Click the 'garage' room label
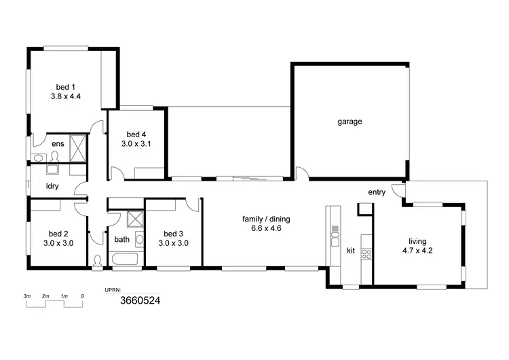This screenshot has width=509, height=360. (x=350, y=122)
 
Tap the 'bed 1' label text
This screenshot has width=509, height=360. (x=65, y=86)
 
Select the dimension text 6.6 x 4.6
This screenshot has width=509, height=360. (x=261, y=229)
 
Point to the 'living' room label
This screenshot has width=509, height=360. (x=417, y=240)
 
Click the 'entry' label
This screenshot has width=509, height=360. (x=377, y=192)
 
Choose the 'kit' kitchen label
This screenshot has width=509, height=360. (x=351, y=251)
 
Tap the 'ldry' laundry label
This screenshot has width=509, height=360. (x=51, y=185)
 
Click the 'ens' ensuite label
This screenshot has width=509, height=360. (x=58, y=143)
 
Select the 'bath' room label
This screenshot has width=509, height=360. (x=121, y=239)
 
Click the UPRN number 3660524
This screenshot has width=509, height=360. (x=140, y=299)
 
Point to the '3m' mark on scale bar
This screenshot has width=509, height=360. (x=27, y=296)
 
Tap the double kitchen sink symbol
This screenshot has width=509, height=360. (x=334, y=238)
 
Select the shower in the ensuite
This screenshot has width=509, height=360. (x=79, y=147)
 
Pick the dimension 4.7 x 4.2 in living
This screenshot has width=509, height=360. (x=417, y=251)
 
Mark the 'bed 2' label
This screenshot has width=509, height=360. (x=57, y=233)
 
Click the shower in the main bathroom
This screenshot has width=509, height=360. (x=135, y=219)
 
